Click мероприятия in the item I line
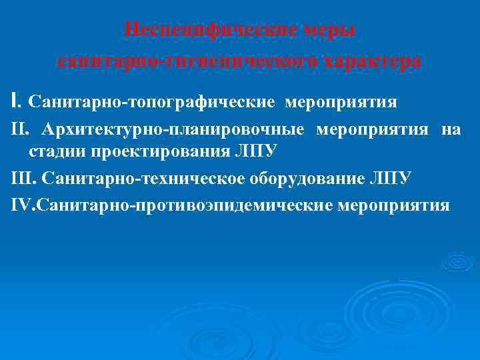coord(341,102)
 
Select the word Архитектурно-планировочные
coord(174,129)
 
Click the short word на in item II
coord(450,129)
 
